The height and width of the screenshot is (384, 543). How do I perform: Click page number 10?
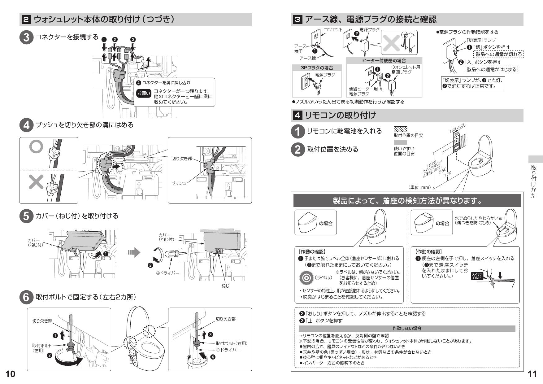coord(10,374)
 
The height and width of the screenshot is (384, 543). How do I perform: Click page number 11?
coord(532,374)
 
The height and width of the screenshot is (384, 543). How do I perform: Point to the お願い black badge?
coord(144,93)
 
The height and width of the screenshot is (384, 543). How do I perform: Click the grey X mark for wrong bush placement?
coord(36,182)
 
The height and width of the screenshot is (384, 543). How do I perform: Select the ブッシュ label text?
coord(179,183)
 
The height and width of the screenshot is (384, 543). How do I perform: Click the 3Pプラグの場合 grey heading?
coord(313,68)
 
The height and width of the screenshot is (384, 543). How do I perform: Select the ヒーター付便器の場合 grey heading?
coord(384,61)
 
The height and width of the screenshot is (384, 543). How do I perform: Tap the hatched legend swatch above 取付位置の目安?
coord(400,129)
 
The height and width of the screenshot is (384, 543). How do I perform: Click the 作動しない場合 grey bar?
coord(407,328)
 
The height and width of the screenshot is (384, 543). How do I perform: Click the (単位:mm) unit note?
coord(419,187)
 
